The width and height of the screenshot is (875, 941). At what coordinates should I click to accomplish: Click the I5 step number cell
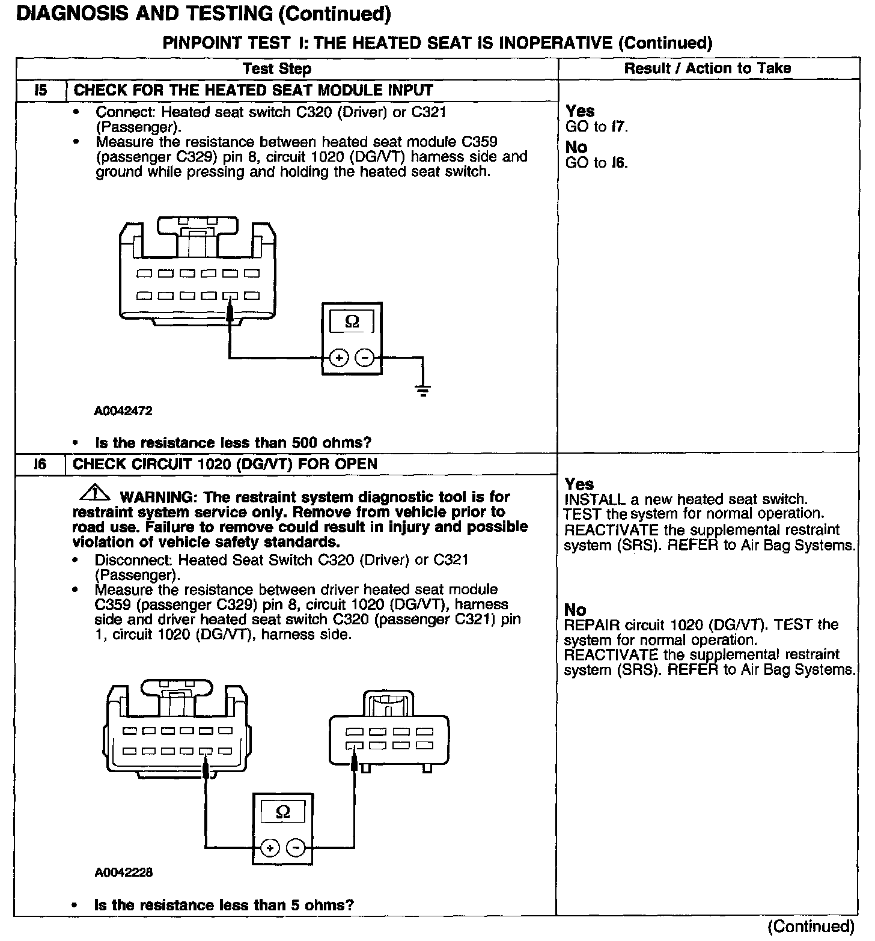tap(41, 91)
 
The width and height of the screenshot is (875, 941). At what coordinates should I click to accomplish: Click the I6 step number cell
tap(41, 464)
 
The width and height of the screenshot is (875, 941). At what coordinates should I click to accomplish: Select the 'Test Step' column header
tap(277, 69)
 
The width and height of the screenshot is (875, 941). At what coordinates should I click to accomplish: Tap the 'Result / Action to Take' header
tap(707, 69)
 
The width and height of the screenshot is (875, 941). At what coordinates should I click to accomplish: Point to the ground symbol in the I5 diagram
tap(423, 391)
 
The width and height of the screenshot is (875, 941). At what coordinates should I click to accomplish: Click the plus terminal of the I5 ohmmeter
tap(339, 358)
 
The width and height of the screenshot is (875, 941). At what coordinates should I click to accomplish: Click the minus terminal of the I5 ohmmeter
tap(365, 358)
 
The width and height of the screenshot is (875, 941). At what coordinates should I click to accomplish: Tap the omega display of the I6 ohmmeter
tap(282, 813)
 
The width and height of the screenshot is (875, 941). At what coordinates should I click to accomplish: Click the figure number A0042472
tap(123, 411)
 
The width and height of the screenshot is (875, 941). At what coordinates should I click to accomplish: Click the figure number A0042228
tap(123, 872)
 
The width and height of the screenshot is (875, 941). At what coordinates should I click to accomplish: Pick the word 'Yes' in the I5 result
tap(580, 111)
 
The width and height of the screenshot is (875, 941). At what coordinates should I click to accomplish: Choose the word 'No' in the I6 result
tap(575, 610)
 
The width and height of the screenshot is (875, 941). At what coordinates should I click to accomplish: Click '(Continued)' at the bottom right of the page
tap(811, 926)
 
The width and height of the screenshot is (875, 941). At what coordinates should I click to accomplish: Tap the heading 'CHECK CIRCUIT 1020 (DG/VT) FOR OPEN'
tap(225, 464)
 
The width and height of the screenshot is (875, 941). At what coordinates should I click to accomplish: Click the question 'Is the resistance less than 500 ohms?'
tap(233, 443)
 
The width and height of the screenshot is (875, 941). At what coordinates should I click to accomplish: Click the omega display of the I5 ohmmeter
tap(352, 322)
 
